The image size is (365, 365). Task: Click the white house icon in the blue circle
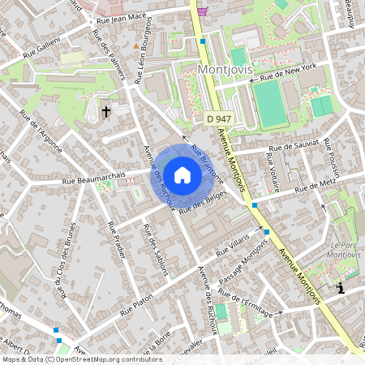click(182, 175)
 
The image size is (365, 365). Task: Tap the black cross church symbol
click(106, 111)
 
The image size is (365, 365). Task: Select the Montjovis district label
click(225, 70)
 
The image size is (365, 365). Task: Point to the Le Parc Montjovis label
click(346, 248)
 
